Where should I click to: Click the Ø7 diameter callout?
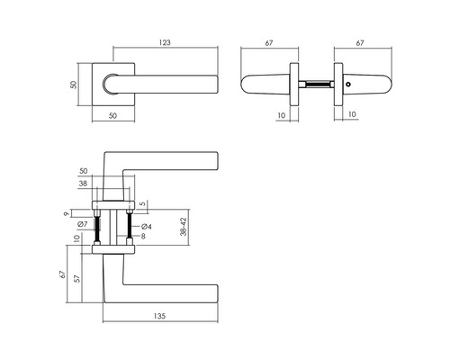point(81,223)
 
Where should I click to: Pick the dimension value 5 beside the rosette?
point(142,203)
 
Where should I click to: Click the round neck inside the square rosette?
point(110,85)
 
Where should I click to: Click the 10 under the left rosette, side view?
point(283,116)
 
